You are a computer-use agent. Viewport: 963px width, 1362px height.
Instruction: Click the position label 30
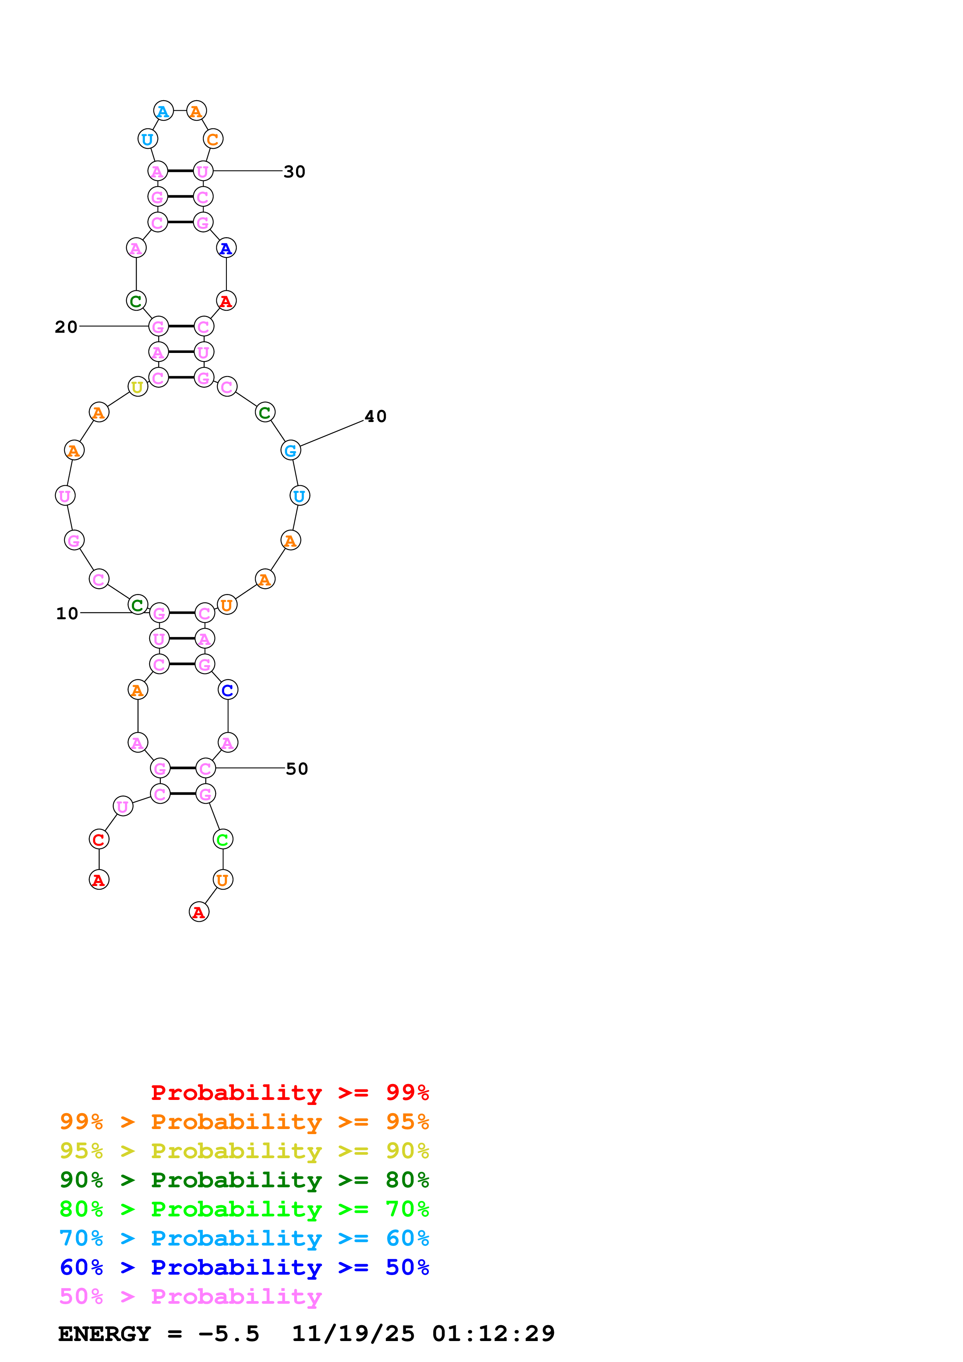point(294,172)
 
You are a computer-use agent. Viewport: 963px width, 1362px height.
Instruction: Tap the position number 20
point(66,327)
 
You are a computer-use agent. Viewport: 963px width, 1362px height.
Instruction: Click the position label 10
point(67,613)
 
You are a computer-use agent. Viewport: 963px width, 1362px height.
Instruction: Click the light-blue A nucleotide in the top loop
point(163,111)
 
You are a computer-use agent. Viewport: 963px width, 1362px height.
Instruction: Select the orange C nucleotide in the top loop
point(212,139)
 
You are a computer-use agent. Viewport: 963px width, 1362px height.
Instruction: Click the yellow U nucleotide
point(138,387)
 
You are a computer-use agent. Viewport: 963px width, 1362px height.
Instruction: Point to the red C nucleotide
point(99,839)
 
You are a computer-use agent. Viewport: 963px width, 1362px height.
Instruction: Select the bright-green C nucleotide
point(223,839)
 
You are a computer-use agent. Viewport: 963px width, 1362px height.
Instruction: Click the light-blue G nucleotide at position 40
point(291,450)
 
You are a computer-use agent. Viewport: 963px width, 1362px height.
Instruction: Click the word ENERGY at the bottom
point(104,1334)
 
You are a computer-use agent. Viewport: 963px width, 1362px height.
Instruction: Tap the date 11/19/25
point(353,1334)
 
